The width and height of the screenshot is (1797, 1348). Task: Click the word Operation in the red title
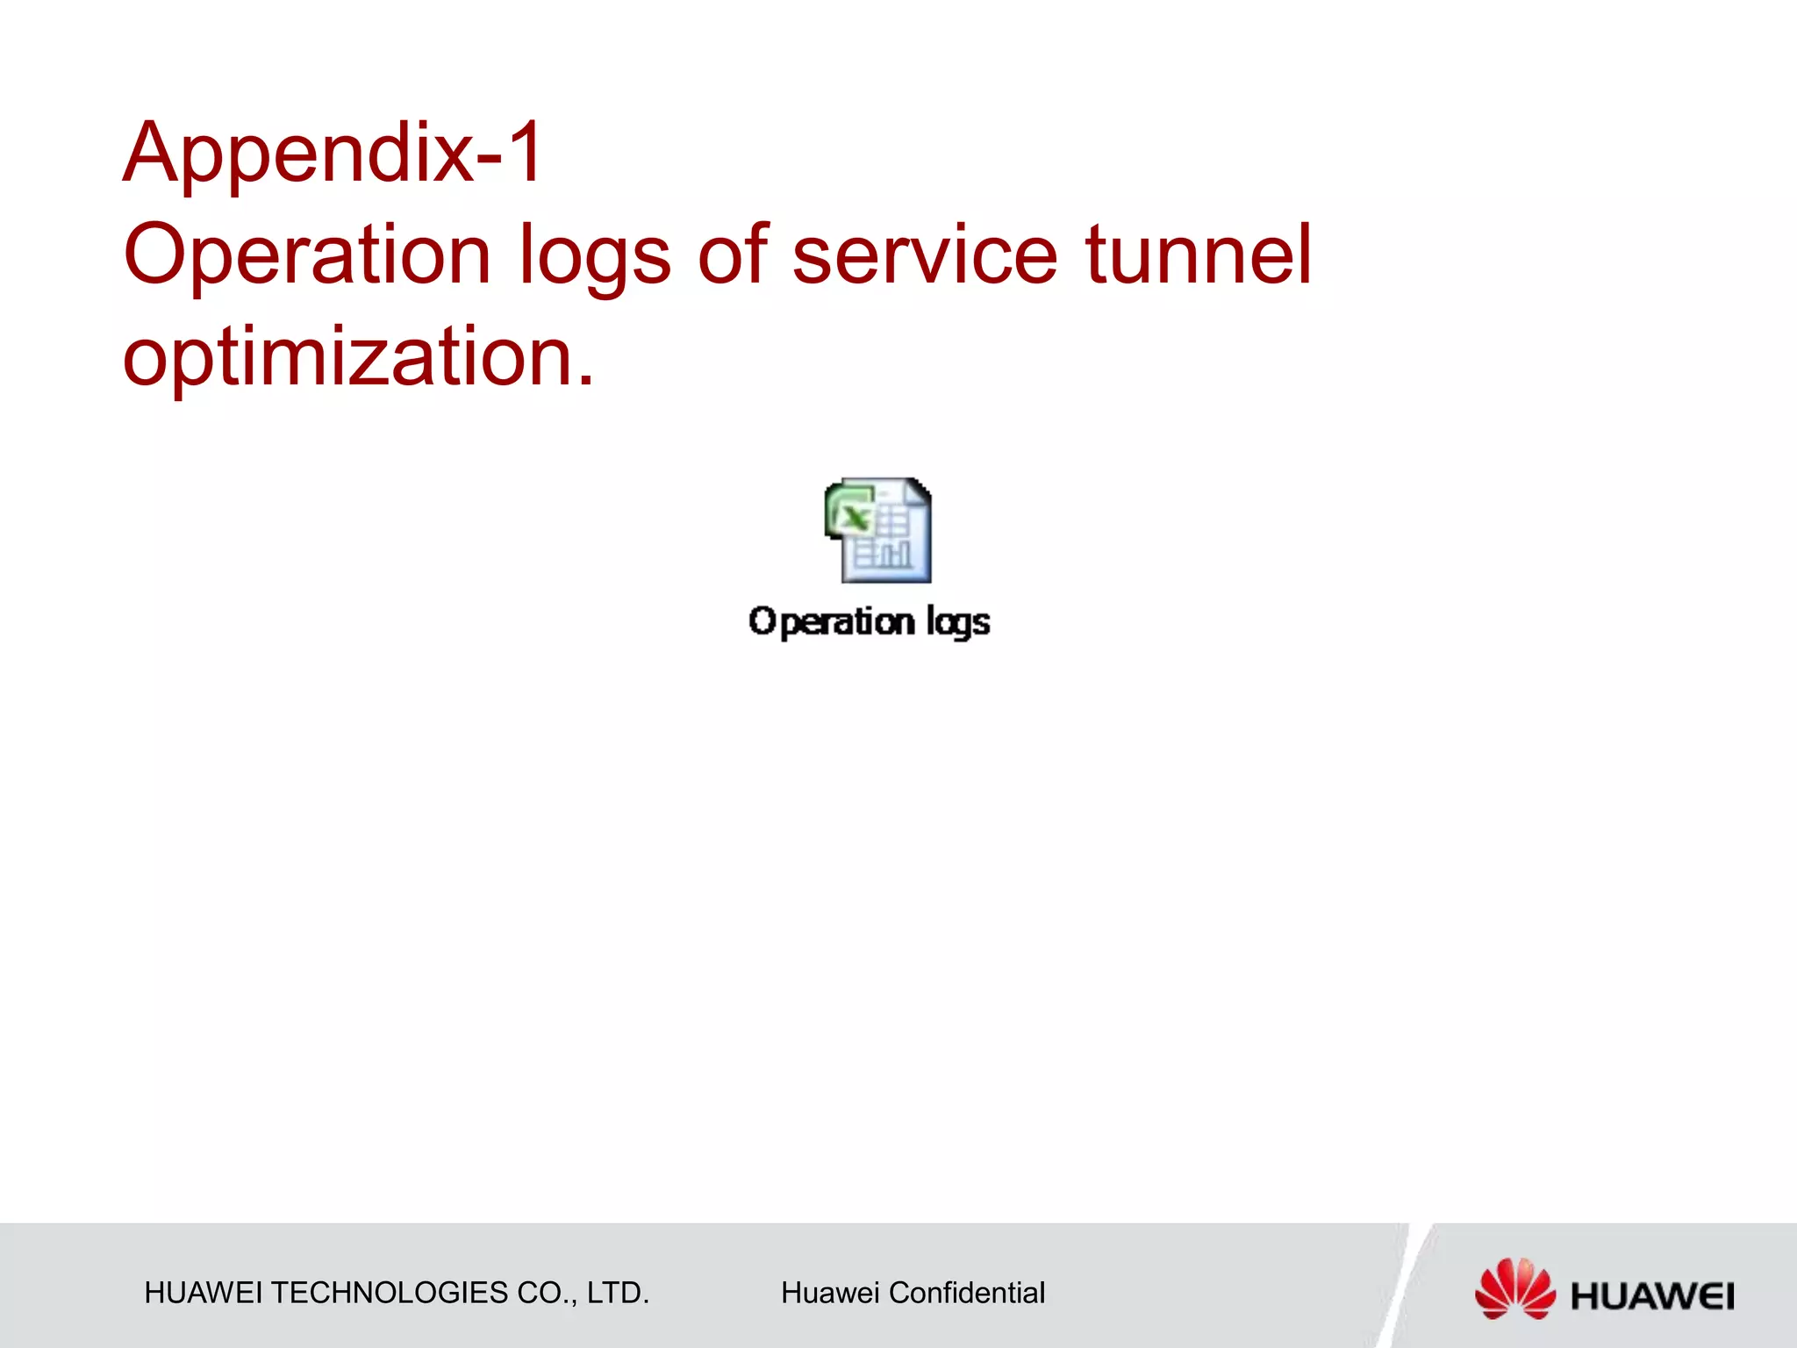pos(307,255)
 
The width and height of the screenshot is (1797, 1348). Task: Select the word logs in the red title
pos(594,259)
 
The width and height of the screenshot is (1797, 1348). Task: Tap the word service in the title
pos(924,255)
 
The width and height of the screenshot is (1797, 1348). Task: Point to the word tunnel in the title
pos(1198,255)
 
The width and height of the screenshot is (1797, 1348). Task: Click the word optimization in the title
pos(358,359)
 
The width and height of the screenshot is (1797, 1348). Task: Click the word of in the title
pos(733,255)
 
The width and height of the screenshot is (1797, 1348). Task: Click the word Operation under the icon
pos(831,622)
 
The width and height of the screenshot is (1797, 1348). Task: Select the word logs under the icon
pos(957,624)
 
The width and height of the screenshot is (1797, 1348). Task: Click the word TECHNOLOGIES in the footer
pos(390,1293)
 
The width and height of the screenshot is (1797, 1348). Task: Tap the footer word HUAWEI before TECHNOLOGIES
pos(203,1293)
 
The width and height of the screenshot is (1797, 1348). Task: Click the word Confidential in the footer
pos(966,1293)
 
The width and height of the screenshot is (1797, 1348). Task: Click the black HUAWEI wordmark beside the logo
pos(1651,1296)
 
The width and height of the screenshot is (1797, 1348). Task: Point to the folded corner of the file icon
pos(919,491)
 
